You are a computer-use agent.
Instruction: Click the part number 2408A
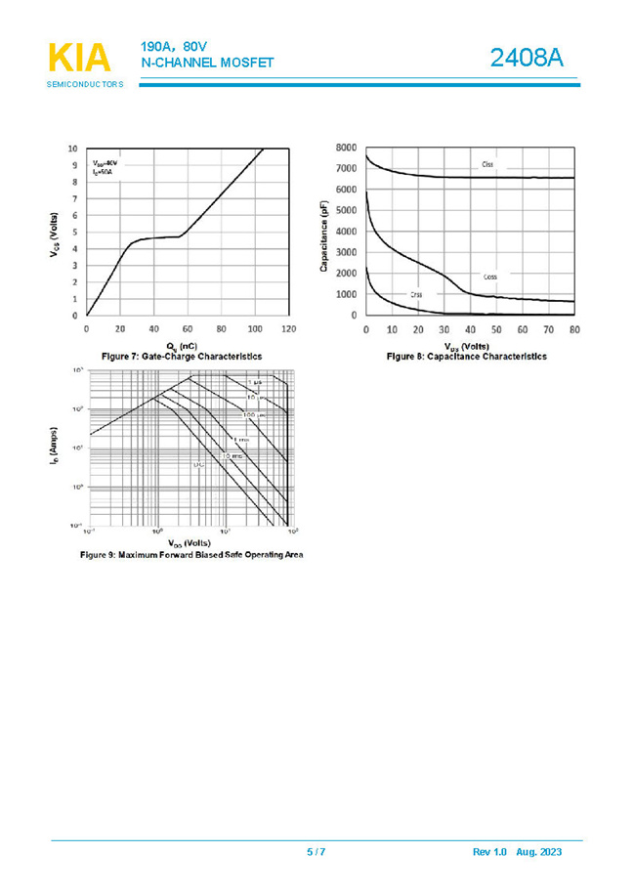[527, 59]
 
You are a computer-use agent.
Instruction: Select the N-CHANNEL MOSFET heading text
[207, 63]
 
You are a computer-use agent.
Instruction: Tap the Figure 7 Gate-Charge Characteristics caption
[182, 357]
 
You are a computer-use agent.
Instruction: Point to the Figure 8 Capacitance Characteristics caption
[467, 357]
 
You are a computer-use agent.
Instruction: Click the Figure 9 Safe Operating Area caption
[191, 555]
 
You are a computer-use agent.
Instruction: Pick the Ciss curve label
[487, 164]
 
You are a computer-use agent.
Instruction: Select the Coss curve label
[490, 277]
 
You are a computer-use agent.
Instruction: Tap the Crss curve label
[415, 294]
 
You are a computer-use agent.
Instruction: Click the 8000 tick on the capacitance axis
[346, 148]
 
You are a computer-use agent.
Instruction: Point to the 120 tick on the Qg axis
[289, 328]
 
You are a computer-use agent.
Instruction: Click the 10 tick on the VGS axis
[73, 149]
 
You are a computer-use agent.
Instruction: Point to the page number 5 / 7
[316, 852]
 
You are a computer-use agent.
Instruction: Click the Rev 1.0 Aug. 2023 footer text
[517, 852]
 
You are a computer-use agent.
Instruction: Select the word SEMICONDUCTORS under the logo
[85, 85]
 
